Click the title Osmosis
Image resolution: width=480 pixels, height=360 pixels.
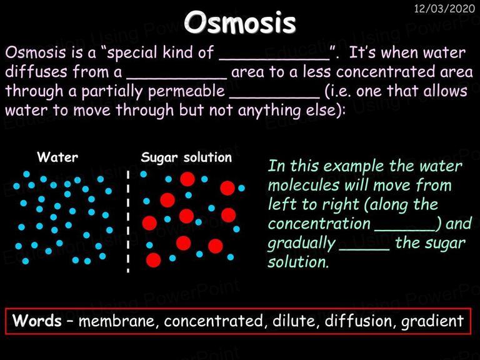click(240, 22)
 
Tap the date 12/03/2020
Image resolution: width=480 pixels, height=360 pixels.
click(444, 8)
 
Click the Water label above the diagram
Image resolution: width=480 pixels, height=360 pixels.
click(57, 157)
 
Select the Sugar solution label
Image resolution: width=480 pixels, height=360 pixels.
click(186, 157)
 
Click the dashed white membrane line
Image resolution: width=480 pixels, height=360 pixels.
click(128, 222)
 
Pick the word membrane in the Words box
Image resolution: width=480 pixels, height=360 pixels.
click(119, 321)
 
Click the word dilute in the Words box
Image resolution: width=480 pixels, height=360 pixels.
click(296, 321)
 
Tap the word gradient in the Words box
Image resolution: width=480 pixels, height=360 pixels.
click(432, 321)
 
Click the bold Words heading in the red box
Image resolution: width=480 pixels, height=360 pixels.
click(37, 321)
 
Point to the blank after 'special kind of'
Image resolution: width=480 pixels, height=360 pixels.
click(274, 59)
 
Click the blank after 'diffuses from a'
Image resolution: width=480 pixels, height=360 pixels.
click(177, 78)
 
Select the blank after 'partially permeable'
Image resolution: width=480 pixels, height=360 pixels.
click(274, 97)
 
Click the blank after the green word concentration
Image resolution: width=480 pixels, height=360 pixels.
click(405, 229)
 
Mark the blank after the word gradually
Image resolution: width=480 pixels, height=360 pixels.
click(364, 249)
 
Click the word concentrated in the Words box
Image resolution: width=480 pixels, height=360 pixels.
click(213, 321)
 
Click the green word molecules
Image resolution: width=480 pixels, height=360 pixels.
click(304, 185)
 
